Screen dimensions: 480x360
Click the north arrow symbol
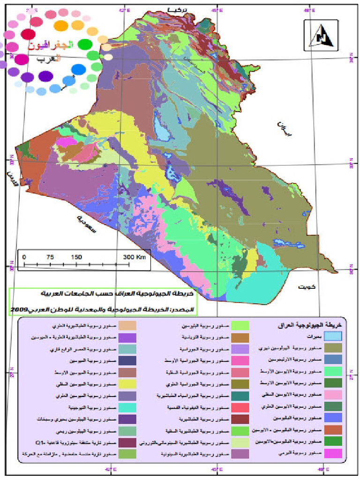coord(321,37)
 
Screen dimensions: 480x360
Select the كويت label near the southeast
coord(306,286)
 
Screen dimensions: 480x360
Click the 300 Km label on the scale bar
coord(135,257)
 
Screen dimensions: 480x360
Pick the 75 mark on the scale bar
coord(50,257)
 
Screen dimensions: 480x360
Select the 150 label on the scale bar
coord(76,257)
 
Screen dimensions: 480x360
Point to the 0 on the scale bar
coord(24,257)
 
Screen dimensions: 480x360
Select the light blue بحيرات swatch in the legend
coord(333,336)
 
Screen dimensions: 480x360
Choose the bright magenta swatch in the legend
coord(333,453)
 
